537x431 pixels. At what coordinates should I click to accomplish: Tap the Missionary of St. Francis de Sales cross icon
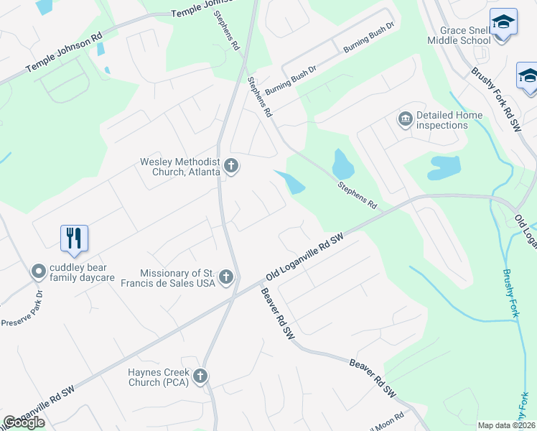226,277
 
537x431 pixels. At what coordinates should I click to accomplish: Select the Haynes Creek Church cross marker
200,376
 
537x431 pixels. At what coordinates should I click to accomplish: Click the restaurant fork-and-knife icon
74,238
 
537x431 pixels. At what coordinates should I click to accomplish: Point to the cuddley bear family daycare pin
38,272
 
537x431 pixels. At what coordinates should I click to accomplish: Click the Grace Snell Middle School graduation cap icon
503,23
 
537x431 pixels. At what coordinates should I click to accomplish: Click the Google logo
24,422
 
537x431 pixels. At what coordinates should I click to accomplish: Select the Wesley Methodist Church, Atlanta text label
179,167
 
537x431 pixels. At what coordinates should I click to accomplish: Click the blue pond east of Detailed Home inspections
444,168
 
